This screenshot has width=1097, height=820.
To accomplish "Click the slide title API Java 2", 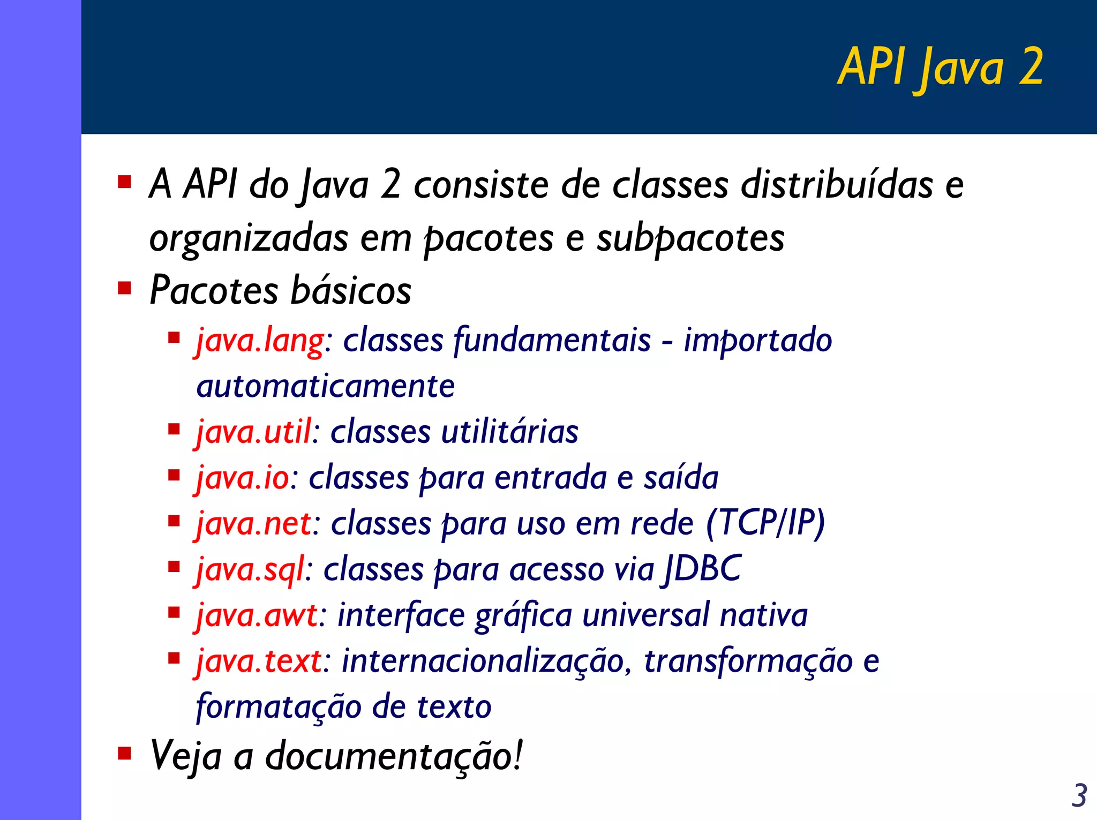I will [940, 67].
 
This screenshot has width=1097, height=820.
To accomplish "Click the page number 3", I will [1079, 796].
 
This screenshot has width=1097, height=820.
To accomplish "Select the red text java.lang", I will [260, 341].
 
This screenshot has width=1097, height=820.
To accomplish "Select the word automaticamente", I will [326, 386].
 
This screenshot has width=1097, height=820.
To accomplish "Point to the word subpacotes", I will [690, 238].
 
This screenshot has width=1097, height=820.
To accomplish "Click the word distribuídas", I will [837, 185].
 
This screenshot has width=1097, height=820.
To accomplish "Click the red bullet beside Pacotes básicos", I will [124, 289].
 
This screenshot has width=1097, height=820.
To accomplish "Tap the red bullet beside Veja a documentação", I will [124, 754].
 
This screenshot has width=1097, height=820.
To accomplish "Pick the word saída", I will [681, 478].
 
